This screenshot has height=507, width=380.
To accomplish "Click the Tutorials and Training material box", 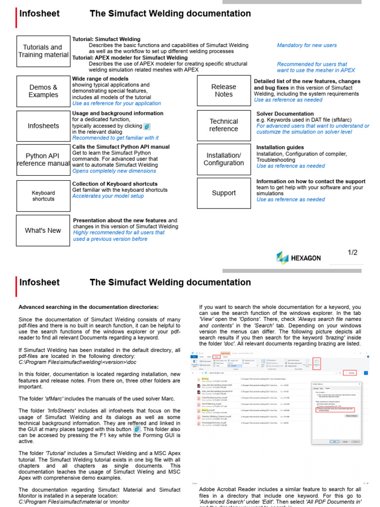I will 43,51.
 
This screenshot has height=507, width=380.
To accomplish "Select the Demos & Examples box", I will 43,91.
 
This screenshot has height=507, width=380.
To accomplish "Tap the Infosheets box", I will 43,126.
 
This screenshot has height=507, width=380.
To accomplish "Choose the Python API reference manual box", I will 43,159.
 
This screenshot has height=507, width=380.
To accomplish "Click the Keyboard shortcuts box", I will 43,196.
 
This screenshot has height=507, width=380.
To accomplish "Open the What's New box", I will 43,230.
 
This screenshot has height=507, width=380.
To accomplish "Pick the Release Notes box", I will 224,91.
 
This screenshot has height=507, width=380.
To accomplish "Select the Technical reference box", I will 224,125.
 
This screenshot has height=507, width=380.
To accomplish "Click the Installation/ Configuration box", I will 224,159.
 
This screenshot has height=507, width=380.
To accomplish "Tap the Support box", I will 224,193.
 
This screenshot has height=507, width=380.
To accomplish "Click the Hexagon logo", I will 299,258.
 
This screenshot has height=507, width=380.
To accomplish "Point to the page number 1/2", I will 352,253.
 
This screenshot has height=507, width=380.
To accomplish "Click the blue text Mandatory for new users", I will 307,45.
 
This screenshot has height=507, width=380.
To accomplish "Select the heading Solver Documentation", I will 285,114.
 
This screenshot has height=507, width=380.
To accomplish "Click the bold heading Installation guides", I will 280,148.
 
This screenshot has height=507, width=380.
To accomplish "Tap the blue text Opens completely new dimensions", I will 114,171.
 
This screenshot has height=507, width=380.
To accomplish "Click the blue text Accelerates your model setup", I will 108,196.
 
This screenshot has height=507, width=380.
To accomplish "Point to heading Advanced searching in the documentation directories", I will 89,307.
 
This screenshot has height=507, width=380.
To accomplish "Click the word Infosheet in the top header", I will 40,13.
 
